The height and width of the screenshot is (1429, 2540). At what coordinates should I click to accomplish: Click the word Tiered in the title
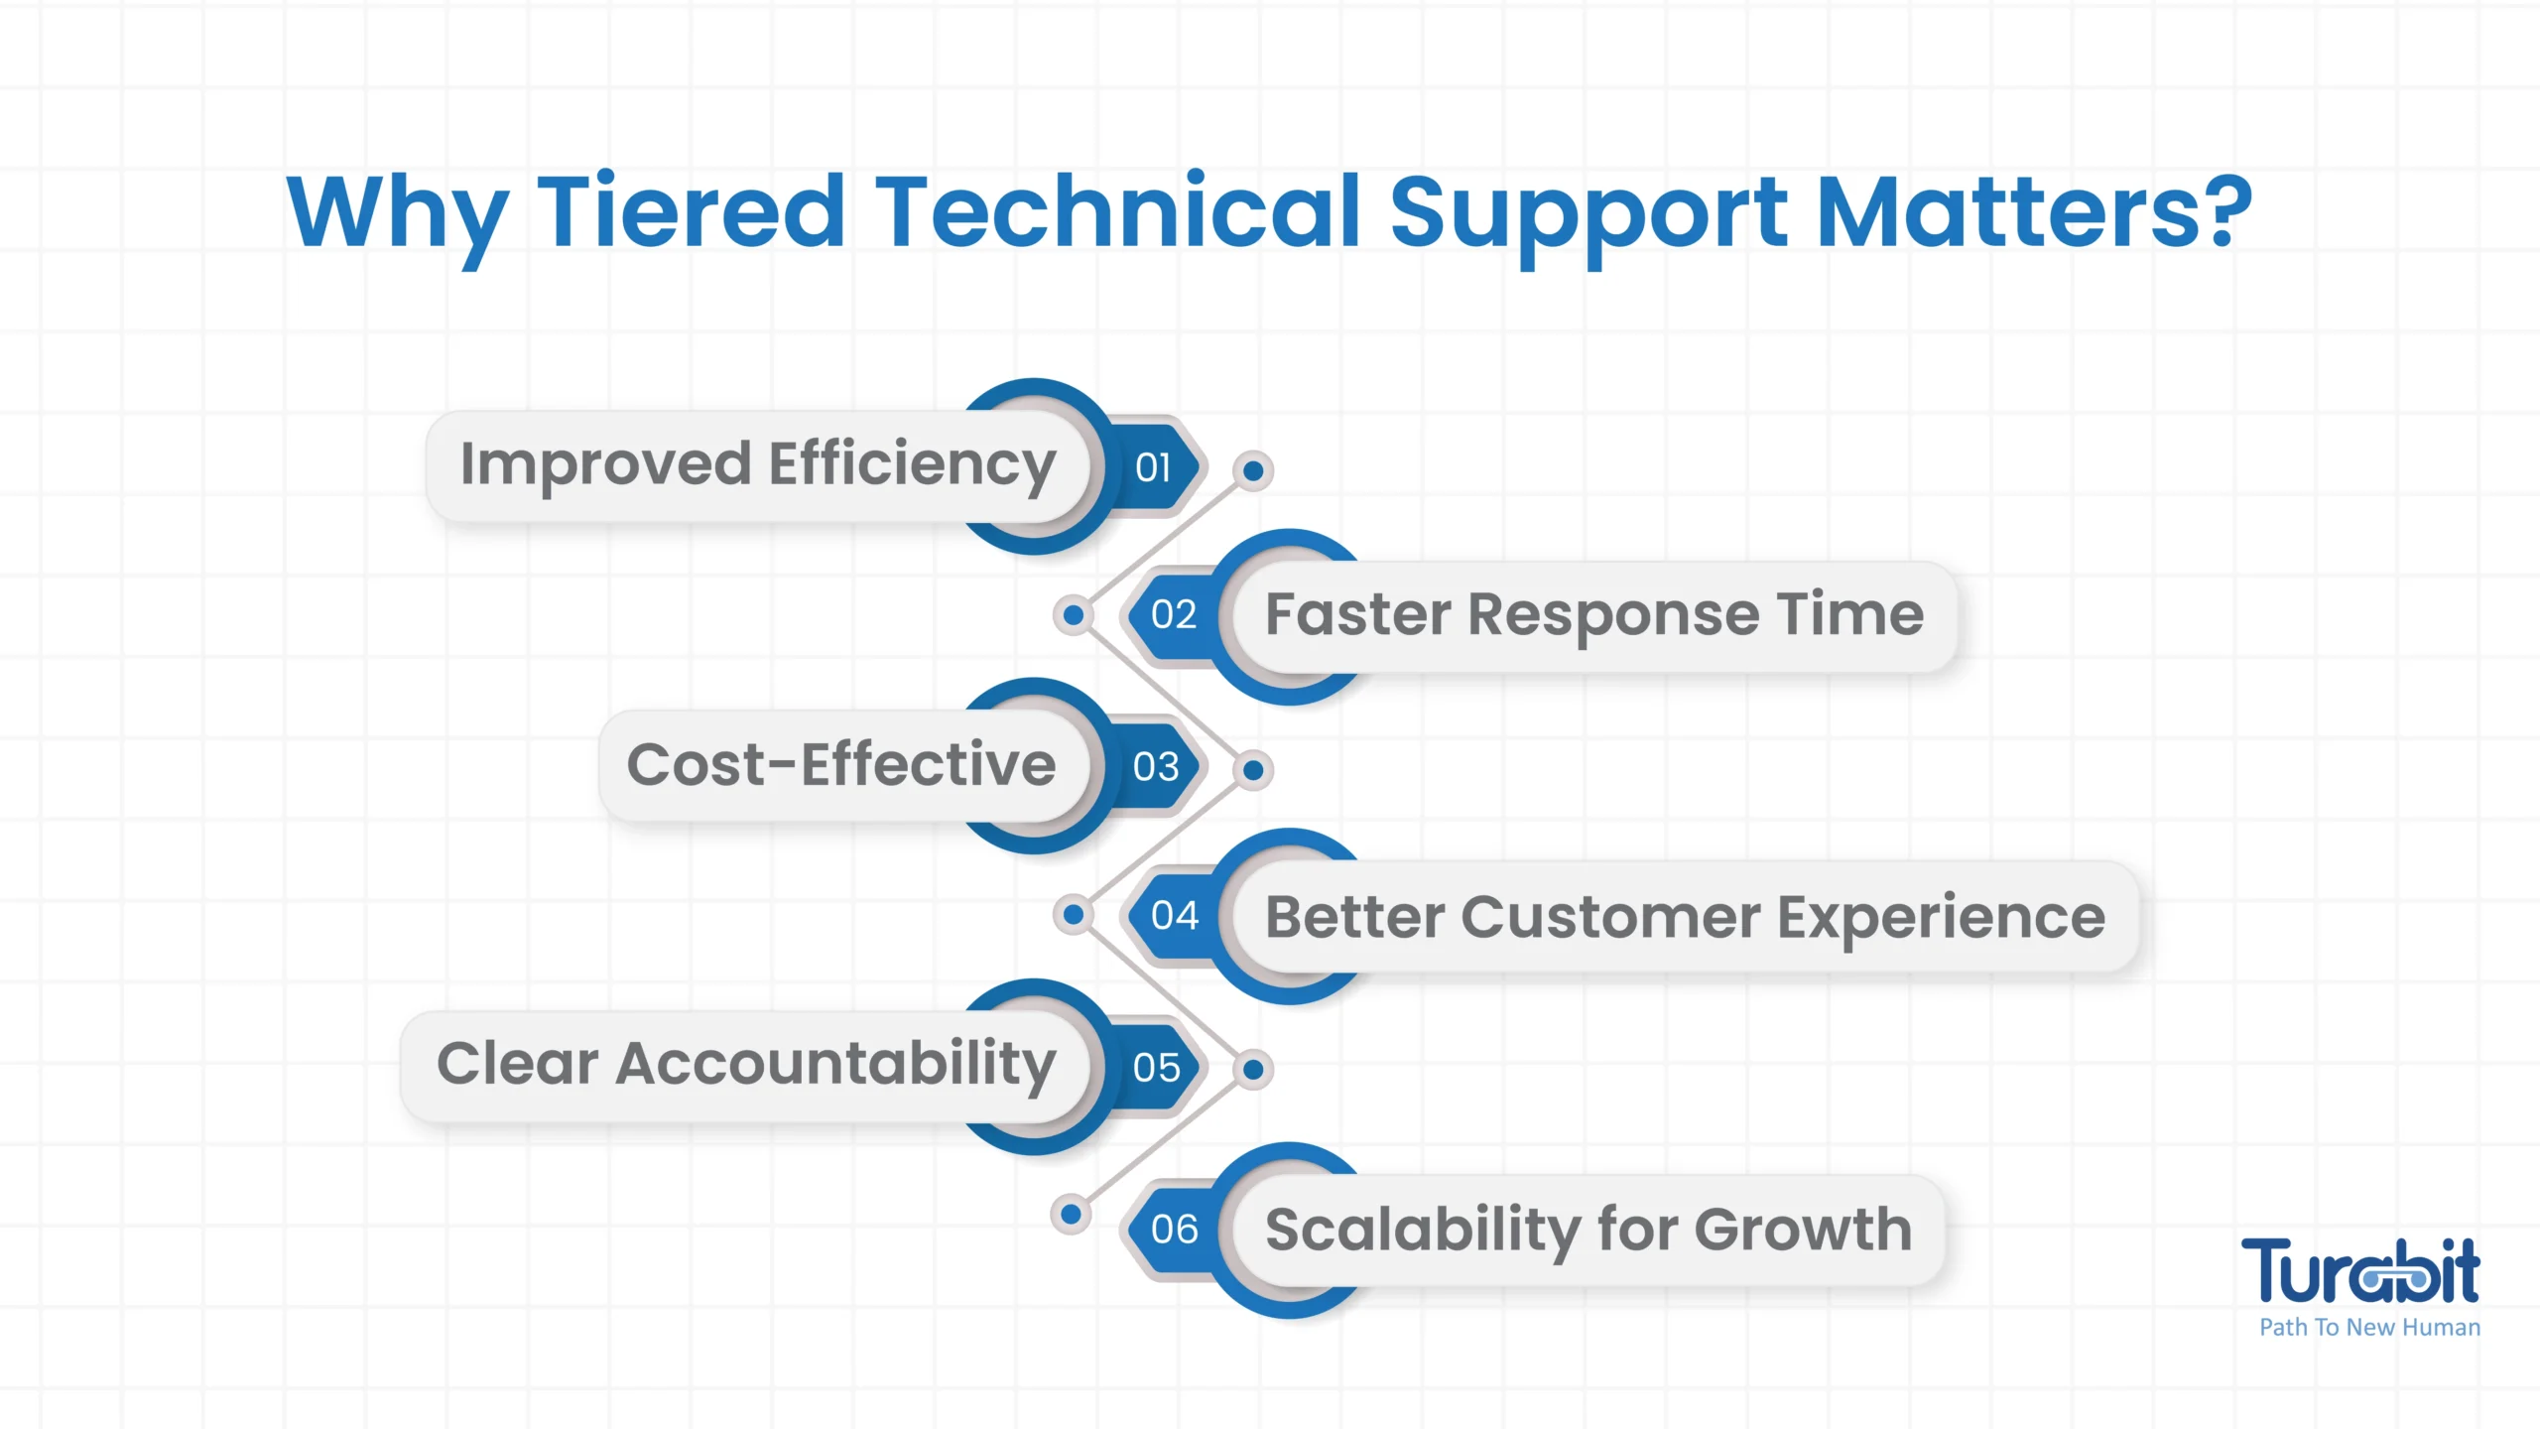click(x=692, y=210)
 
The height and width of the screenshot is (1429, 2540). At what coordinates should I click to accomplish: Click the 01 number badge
click(x=1153, y=467)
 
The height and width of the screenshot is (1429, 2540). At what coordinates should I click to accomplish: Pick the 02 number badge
click(x=1174, y=615)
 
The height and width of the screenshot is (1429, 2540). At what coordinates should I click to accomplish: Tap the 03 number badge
click(x=1155, y=767)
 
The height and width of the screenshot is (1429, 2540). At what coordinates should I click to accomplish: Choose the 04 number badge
click(x=1174, y=915)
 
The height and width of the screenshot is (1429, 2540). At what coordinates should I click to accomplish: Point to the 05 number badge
click(x=1155, y=1068)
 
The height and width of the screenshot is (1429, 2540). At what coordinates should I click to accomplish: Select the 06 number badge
click(x=1174, y=1230)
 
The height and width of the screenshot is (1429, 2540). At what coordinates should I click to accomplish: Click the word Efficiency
click(x=912, y=466)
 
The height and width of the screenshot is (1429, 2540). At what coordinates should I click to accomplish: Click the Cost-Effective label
click(x=841, y=765)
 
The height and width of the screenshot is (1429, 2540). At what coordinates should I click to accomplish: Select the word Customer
click(x=1610, y=917)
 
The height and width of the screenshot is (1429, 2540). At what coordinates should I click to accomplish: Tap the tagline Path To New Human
click(x=2369, y=1328)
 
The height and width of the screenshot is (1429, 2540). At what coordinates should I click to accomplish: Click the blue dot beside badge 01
click(x=1253, y=470)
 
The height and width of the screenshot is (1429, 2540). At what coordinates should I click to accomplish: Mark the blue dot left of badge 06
click(x=1071, y=1214)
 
